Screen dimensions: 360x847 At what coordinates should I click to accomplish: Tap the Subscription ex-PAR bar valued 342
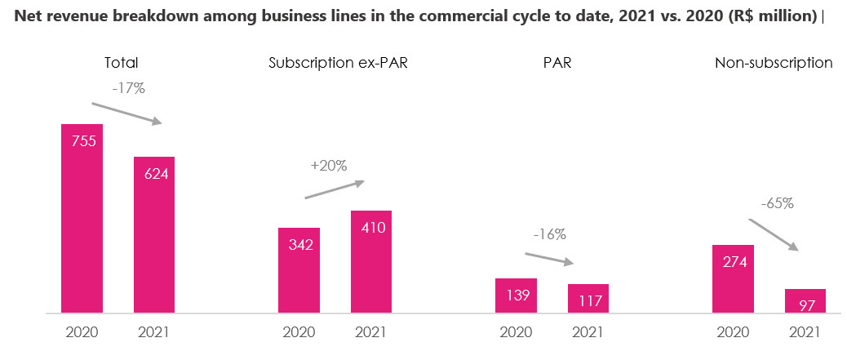tap(299, 270)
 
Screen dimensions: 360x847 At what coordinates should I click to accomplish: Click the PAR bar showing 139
tap(516, 296)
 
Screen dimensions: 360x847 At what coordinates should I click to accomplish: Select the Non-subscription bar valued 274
tap(733, 278)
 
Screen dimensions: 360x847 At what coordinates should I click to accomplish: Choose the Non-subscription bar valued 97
tap(805, 300)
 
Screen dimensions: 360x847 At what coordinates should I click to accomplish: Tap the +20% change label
tap(329, 165)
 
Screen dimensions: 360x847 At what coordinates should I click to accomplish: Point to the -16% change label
tap(549, 234)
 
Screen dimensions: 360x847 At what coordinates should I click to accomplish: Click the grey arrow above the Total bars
tap(126, 113)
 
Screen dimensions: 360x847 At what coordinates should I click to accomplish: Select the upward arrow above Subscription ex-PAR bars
tap(335, 189)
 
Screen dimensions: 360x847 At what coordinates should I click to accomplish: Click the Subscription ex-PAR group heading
tap(338, 63)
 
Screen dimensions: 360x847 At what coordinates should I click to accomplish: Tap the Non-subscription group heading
tap(774, 63)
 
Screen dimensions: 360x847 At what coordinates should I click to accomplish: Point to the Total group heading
tap(121, 63)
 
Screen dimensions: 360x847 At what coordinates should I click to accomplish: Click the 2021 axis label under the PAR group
tap(588, 332)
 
